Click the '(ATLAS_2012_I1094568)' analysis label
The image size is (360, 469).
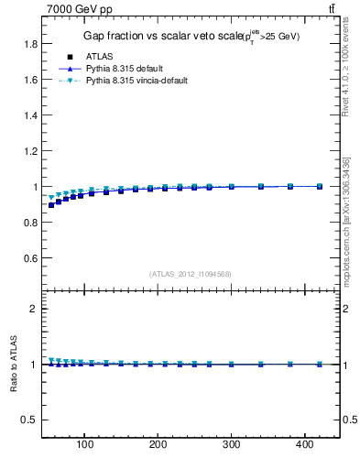[189, 273]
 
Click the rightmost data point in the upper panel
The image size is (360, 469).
[320, 186]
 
